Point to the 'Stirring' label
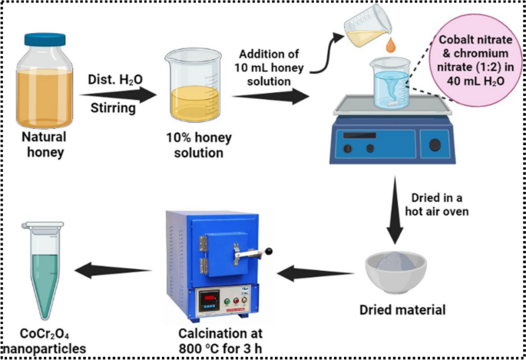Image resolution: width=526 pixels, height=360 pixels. point(113,108)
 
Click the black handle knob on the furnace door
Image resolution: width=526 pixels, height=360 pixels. point(271,251)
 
